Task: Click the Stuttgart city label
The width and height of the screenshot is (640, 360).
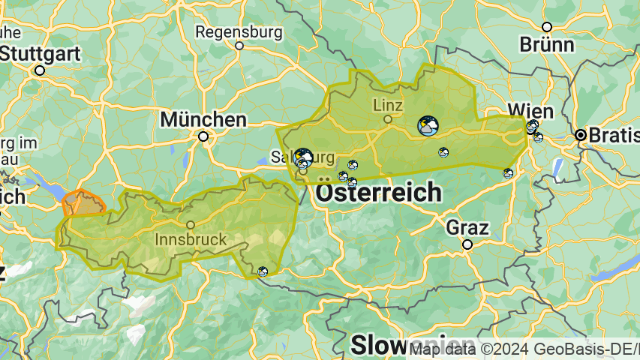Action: point(41,53)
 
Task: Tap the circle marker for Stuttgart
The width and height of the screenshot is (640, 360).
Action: point(40,70)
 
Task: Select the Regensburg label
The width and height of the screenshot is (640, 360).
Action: point(239,32)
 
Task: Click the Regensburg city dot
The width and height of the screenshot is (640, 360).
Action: point(239,46)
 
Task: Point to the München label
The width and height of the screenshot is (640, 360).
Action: point(203,119)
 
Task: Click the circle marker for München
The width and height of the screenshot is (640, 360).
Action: point(203,136)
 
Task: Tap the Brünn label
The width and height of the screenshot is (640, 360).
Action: point(547,44)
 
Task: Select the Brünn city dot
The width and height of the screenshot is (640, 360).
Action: point(547,26)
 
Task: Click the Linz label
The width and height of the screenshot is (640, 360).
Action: point(388,104)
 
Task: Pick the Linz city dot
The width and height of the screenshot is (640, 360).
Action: point(388,118)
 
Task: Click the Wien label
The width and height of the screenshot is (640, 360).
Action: point(530,111)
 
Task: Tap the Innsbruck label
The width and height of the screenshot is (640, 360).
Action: point(191,239)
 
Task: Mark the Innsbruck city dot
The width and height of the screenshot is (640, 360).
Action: point(191,224)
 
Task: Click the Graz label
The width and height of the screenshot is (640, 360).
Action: point(467,227)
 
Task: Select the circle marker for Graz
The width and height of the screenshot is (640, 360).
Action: point(467,244)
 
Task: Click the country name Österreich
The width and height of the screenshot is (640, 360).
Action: point(379,192)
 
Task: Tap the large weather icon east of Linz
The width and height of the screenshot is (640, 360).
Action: point(428,126)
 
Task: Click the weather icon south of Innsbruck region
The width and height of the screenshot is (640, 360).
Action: point(263,271)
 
